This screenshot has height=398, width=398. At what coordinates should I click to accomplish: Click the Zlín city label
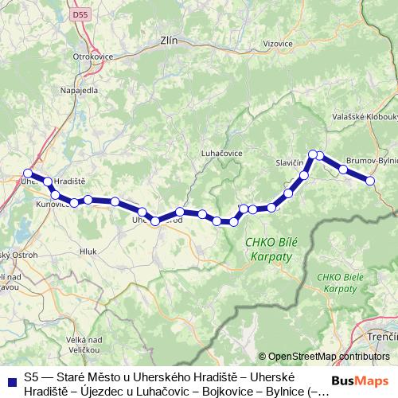(168, 39)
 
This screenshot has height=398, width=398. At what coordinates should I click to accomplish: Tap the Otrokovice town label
(90, 57)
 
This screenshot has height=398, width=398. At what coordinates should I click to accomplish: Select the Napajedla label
(78, 90)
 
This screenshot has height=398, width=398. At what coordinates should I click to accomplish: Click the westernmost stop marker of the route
(28, 173)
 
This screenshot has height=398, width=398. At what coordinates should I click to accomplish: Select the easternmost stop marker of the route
(370, 181)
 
